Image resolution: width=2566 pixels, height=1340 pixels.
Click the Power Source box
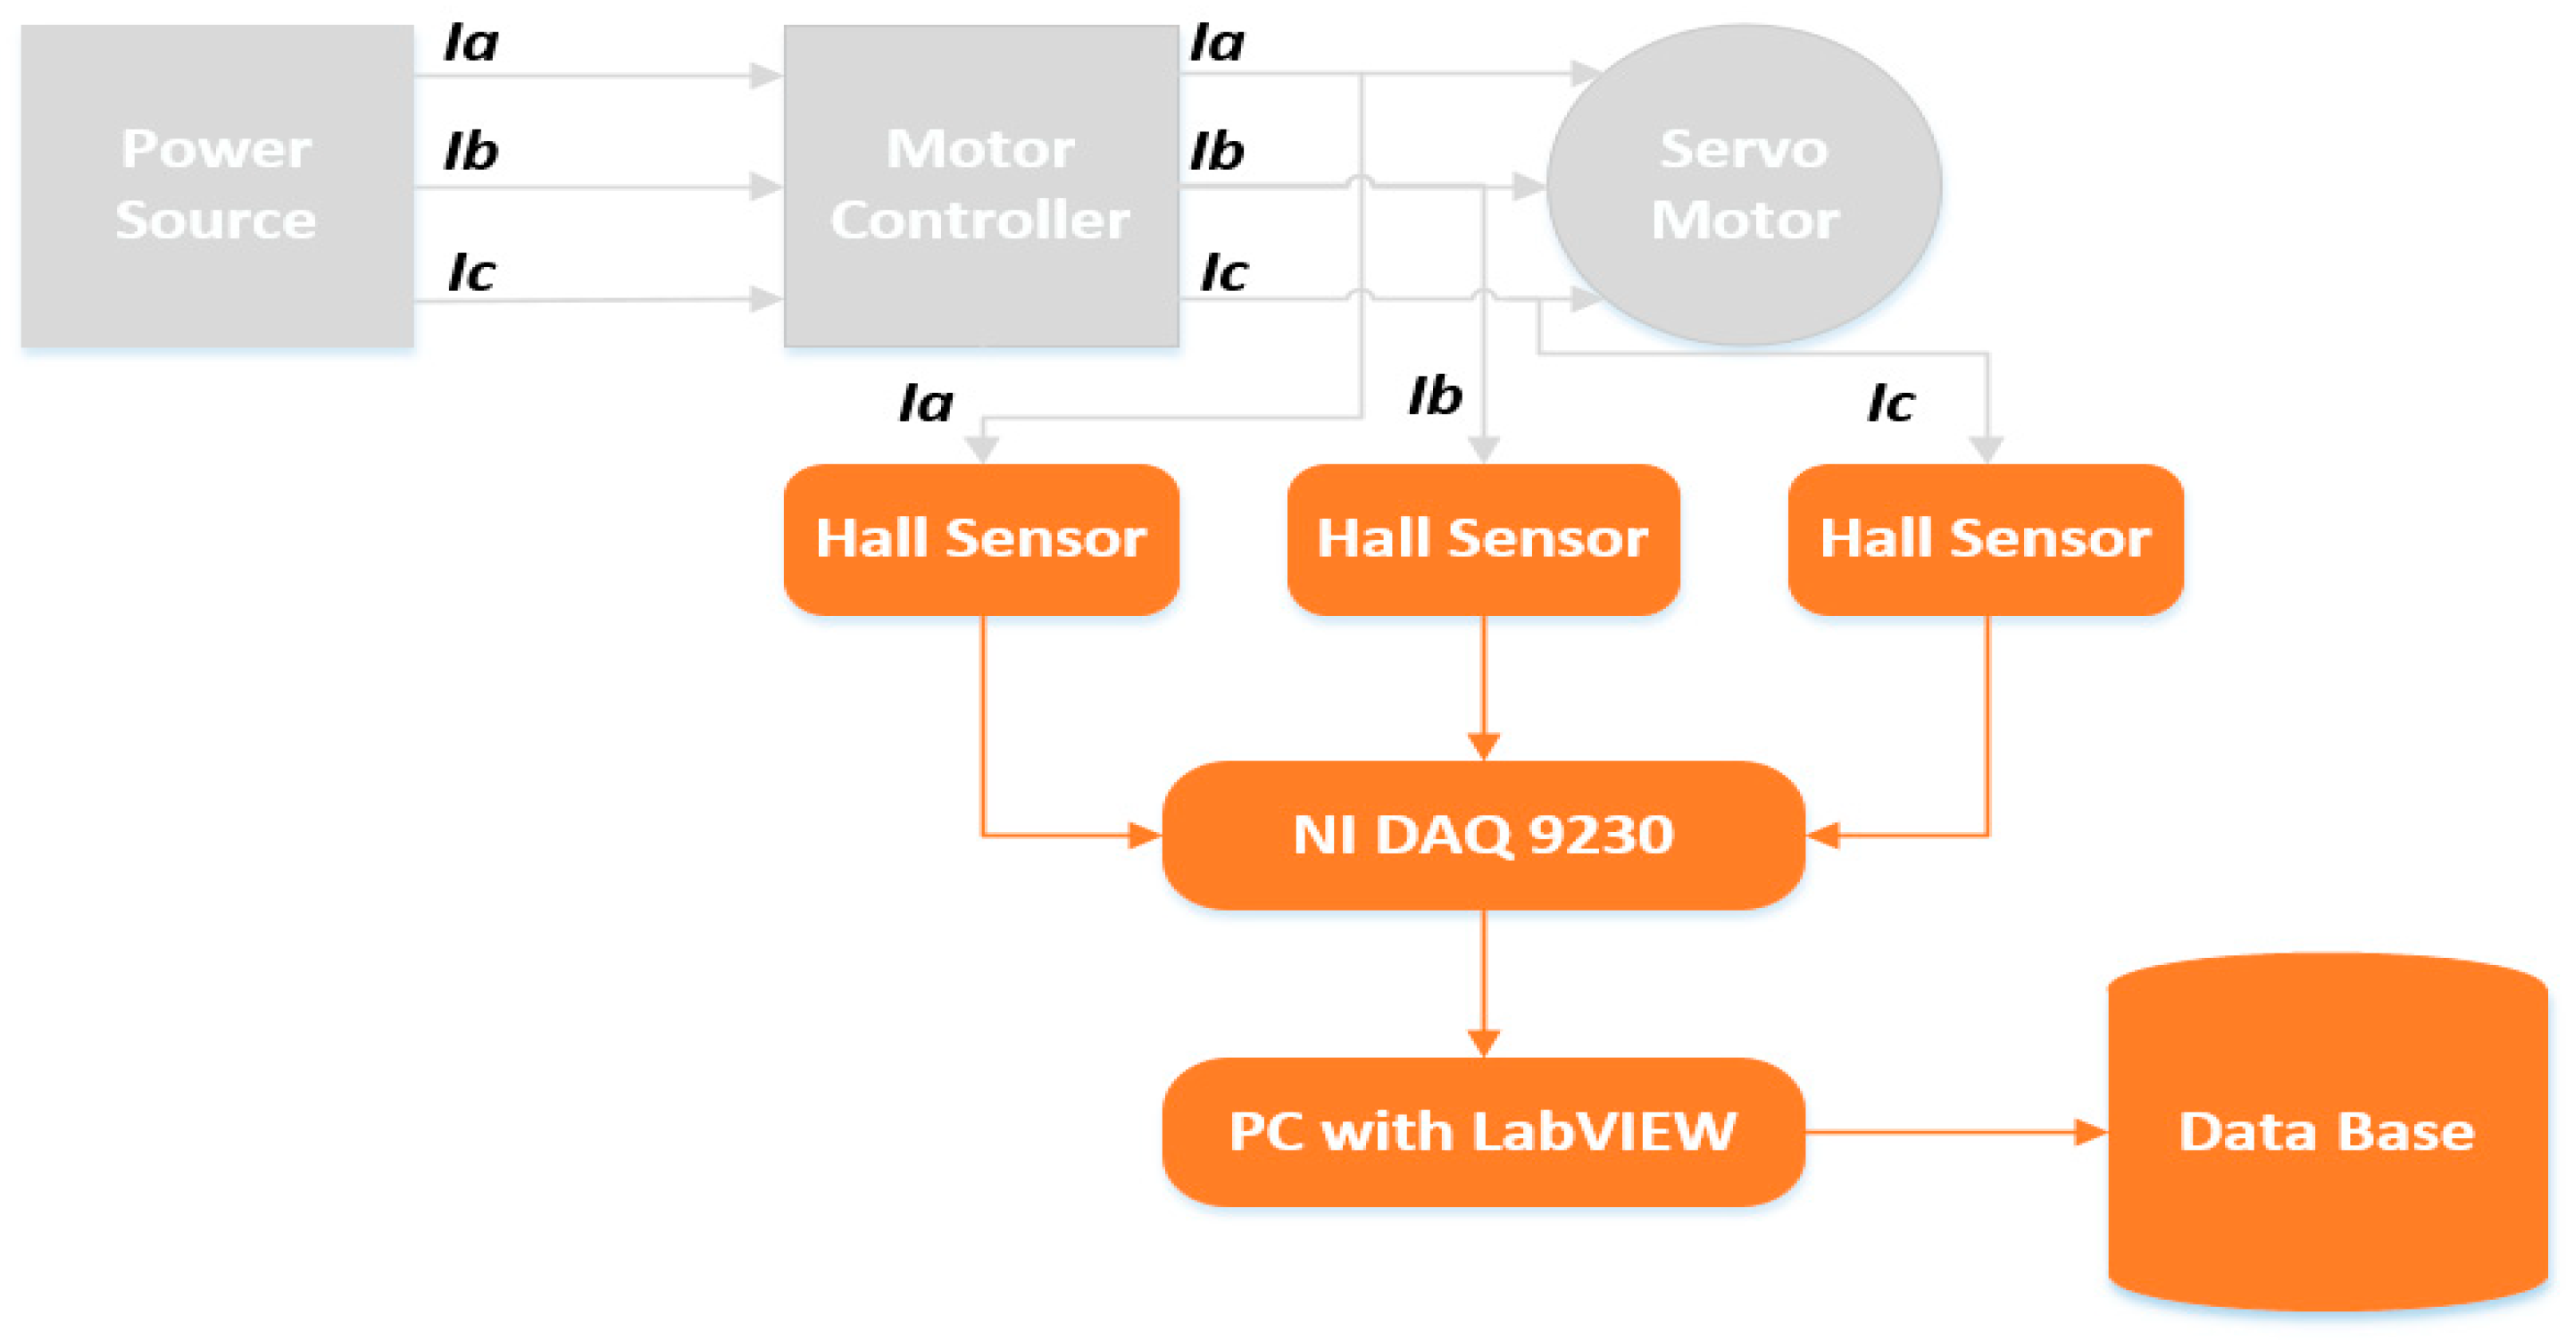tap(217, 186)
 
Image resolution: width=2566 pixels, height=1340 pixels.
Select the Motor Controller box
tap(980, 186)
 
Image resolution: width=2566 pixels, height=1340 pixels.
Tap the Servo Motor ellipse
tap(1743, 186)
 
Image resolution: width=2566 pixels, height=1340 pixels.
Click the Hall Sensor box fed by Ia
tap(981, 539)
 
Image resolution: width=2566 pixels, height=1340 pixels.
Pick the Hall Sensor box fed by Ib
tap(1483, 539)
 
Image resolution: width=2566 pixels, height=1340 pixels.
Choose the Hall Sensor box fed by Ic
tap(1986, 539)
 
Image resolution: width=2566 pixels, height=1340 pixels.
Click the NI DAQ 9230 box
tap(1483, 835)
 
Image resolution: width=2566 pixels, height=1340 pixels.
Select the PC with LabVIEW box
tap(1483, 1132)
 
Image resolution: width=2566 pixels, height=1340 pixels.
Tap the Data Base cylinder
tap(2327, 1132)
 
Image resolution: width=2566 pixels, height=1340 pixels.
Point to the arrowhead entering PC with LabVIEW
tap(1483, 1042)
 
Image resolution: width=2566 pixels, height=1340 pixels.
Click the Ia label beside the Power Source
tap(471, 44)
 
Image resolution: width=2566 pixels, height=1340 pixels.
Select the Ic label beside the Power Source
tap(471, 273)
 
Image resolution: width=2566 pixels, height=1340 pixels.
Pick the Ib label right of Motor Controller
tap(1217, 153)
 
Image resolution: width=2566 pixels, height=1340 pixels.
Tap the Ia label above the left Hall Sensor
tap(925, 404)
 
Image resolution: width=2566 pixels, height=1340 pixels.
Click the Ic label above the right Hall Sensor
tap(1889, 404)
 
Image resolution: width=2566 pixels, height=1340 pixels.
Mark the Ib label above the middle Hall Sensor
tap(1435, 396)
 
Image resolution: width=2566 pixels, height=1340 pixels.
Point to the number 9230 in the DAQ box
tap(1601, 835)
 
